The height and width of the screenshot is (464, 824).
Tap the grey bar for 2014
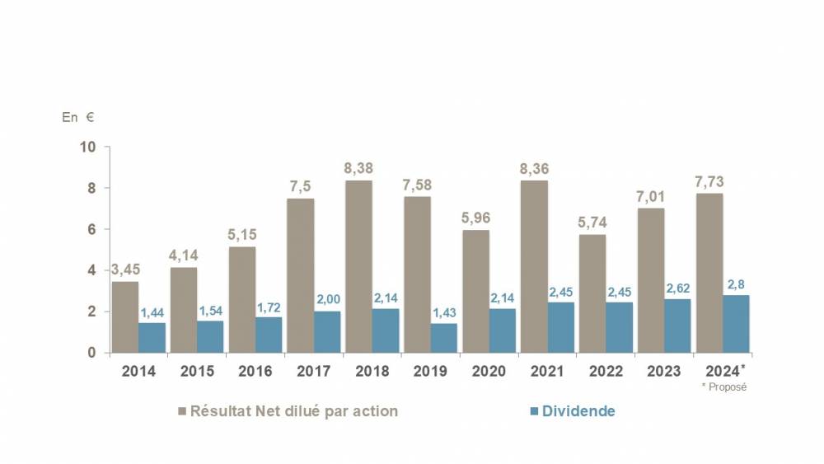(125, 317)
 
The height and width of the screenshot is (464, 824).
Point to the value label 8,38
(358, 169)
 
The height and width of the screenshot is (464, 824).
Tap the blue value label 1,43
(445, 312)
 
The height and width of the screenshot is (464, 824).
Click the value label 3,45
(124, 270)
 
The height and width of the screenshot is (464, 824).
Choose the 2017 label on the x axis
(313, 371)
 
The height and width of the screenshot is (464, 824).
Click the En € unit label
(78, 117)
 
